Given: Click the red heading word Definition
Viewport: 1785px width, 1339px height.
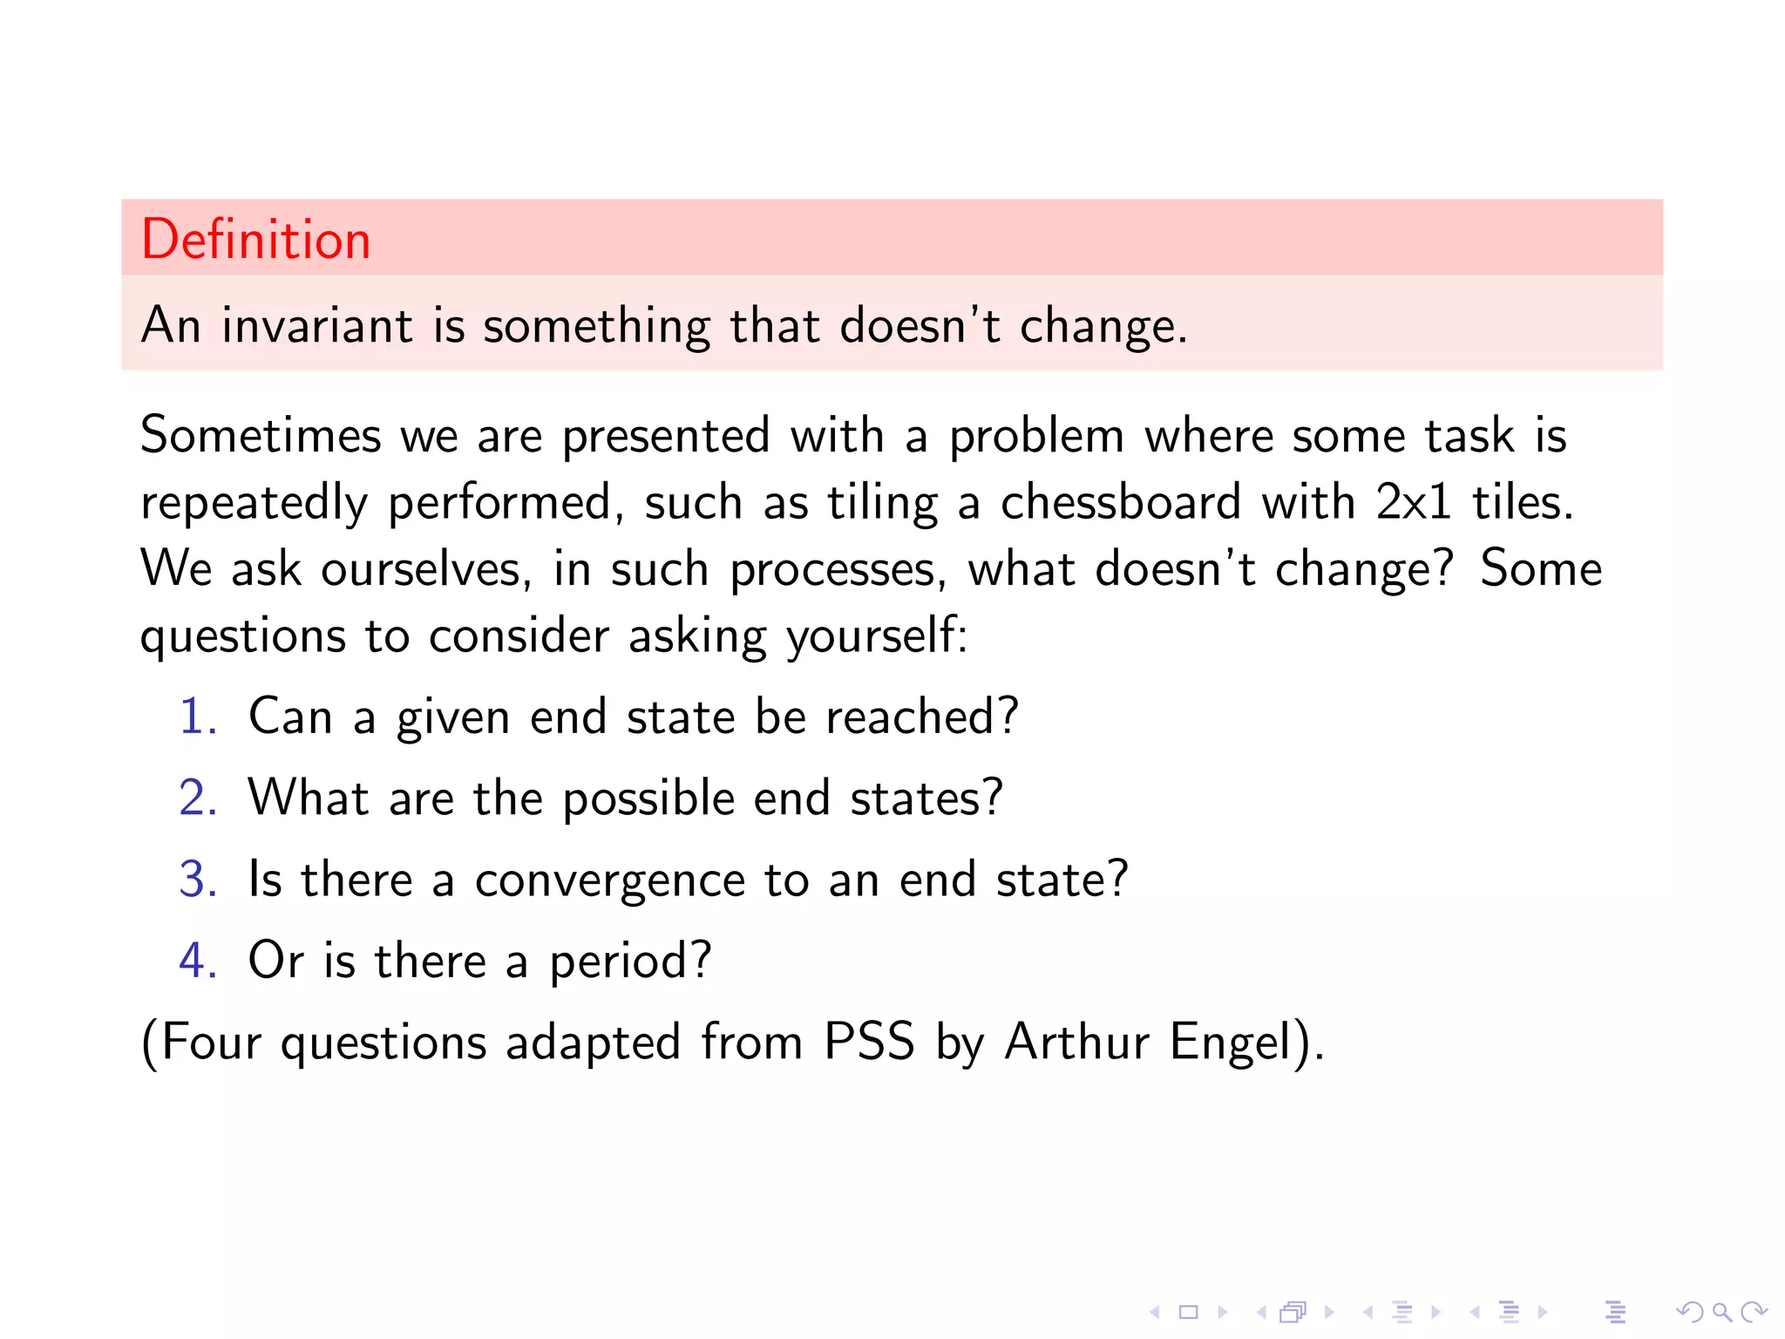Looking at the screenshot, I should coord(255,240).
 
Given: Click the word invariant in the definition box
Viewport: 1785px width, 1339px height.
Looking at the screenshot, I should coord(316,326).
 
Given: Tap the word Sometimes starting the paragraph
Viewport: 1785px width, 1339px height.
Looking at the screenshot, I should coord(261,435).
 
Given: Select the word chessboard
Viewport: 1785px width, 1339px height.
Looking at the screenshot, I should coord(1120,502).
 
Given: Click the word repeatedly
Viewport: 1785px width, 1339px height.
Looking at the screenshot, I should coord(255,504).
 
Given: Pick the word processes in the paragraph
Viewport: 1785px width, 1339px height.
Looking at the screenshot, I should coord(837,570).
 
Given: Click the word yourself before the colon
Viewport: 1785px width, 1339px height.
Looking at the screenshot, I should coord(874,636).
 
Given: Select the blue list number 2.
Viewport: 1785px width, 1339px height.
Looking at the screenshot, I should coord(197,798).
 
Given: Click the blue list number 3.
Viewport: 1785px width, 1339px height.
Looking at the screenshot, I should coord(197,879).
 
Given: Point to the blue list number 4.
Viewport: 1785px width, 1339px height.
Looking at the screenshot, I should coord(197,960).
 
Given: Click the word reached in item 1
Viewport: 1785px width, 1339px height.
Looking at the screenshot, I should coord(920,717).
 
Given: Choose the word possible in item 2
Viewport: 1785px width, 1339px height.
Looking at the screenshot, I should coord(648,799).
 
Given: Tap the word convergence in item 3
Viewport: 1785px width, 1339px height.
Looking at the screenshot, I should coord(609,880).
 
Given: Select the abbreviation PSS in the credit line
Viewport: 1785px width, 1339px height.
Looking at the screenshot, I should coord(869,1041).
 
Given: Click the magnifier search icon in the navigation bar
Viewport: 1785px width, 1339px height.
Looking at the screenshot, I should coord(1721,1312).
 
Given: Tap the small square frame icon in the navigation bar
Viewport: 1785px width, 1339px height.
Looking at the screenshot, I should coord(1188,1312).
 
